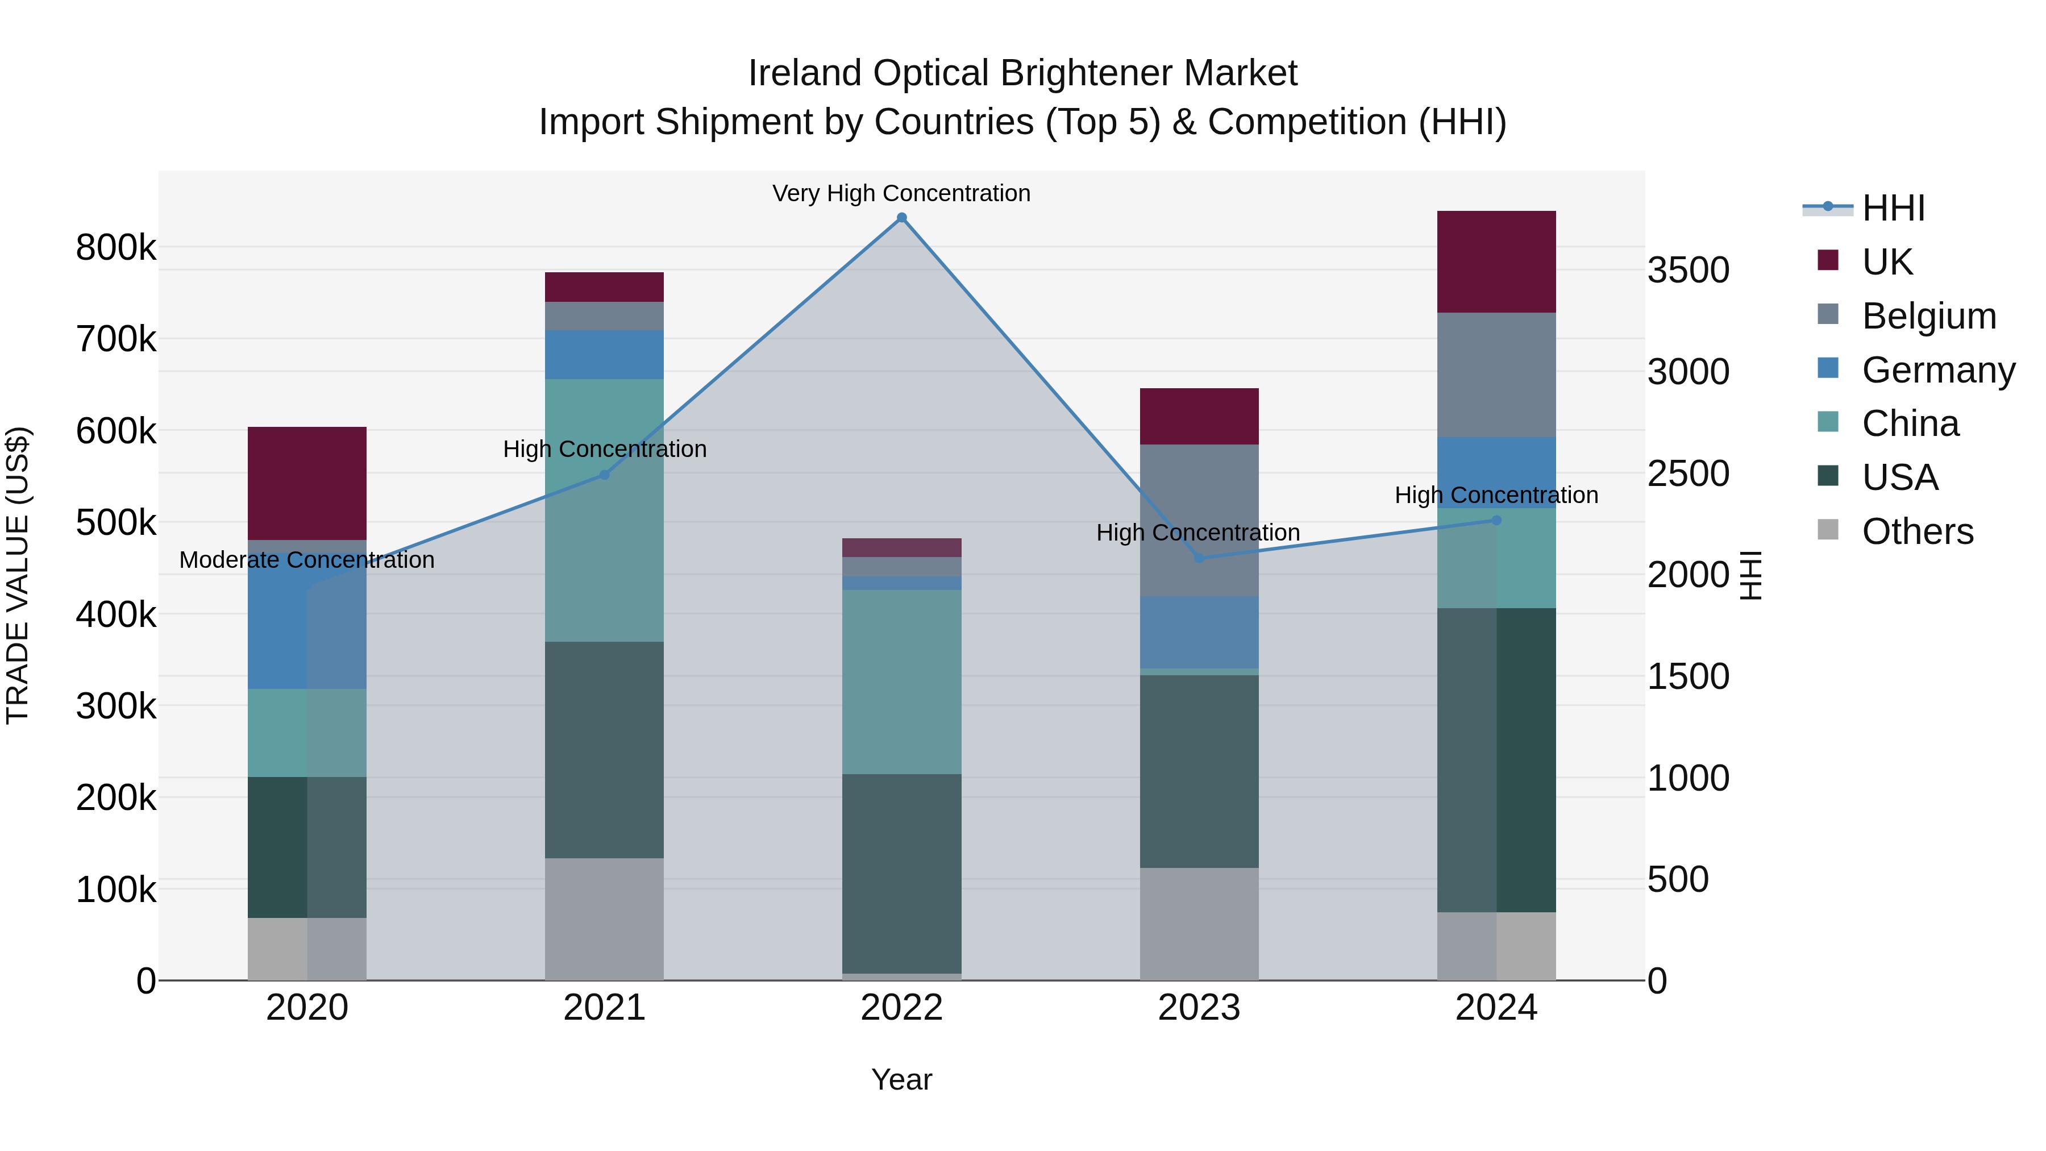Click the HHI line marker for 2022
[901, 218]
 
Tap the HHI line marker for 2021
[605, 475]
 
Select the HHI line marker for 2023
[1199, 558]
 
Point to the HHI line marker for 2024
[1496, 520]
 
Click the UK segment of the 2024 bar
[1496, 262]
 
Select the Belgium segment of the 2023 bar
[1199, 520]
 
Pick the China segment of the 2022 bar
[901, 682]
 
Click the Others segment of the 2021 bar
[605, 919]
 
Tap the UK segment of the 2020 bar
[307, 483]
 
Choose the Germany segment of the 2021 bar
[605, 355]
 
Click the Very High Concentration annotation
[901, 193]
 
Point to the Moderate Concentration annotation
[307, 560]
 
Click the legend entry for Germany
[1938, 370]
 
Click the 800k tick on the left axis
[116, 248]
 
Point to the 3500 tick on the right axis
[1689, 270]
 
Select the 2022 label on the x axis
[901, 1008]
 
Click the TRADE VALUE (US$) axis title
[18, 575]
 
